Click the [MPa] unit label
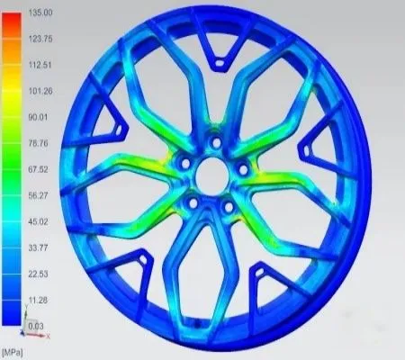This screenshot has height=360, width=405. click(13, 348)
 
